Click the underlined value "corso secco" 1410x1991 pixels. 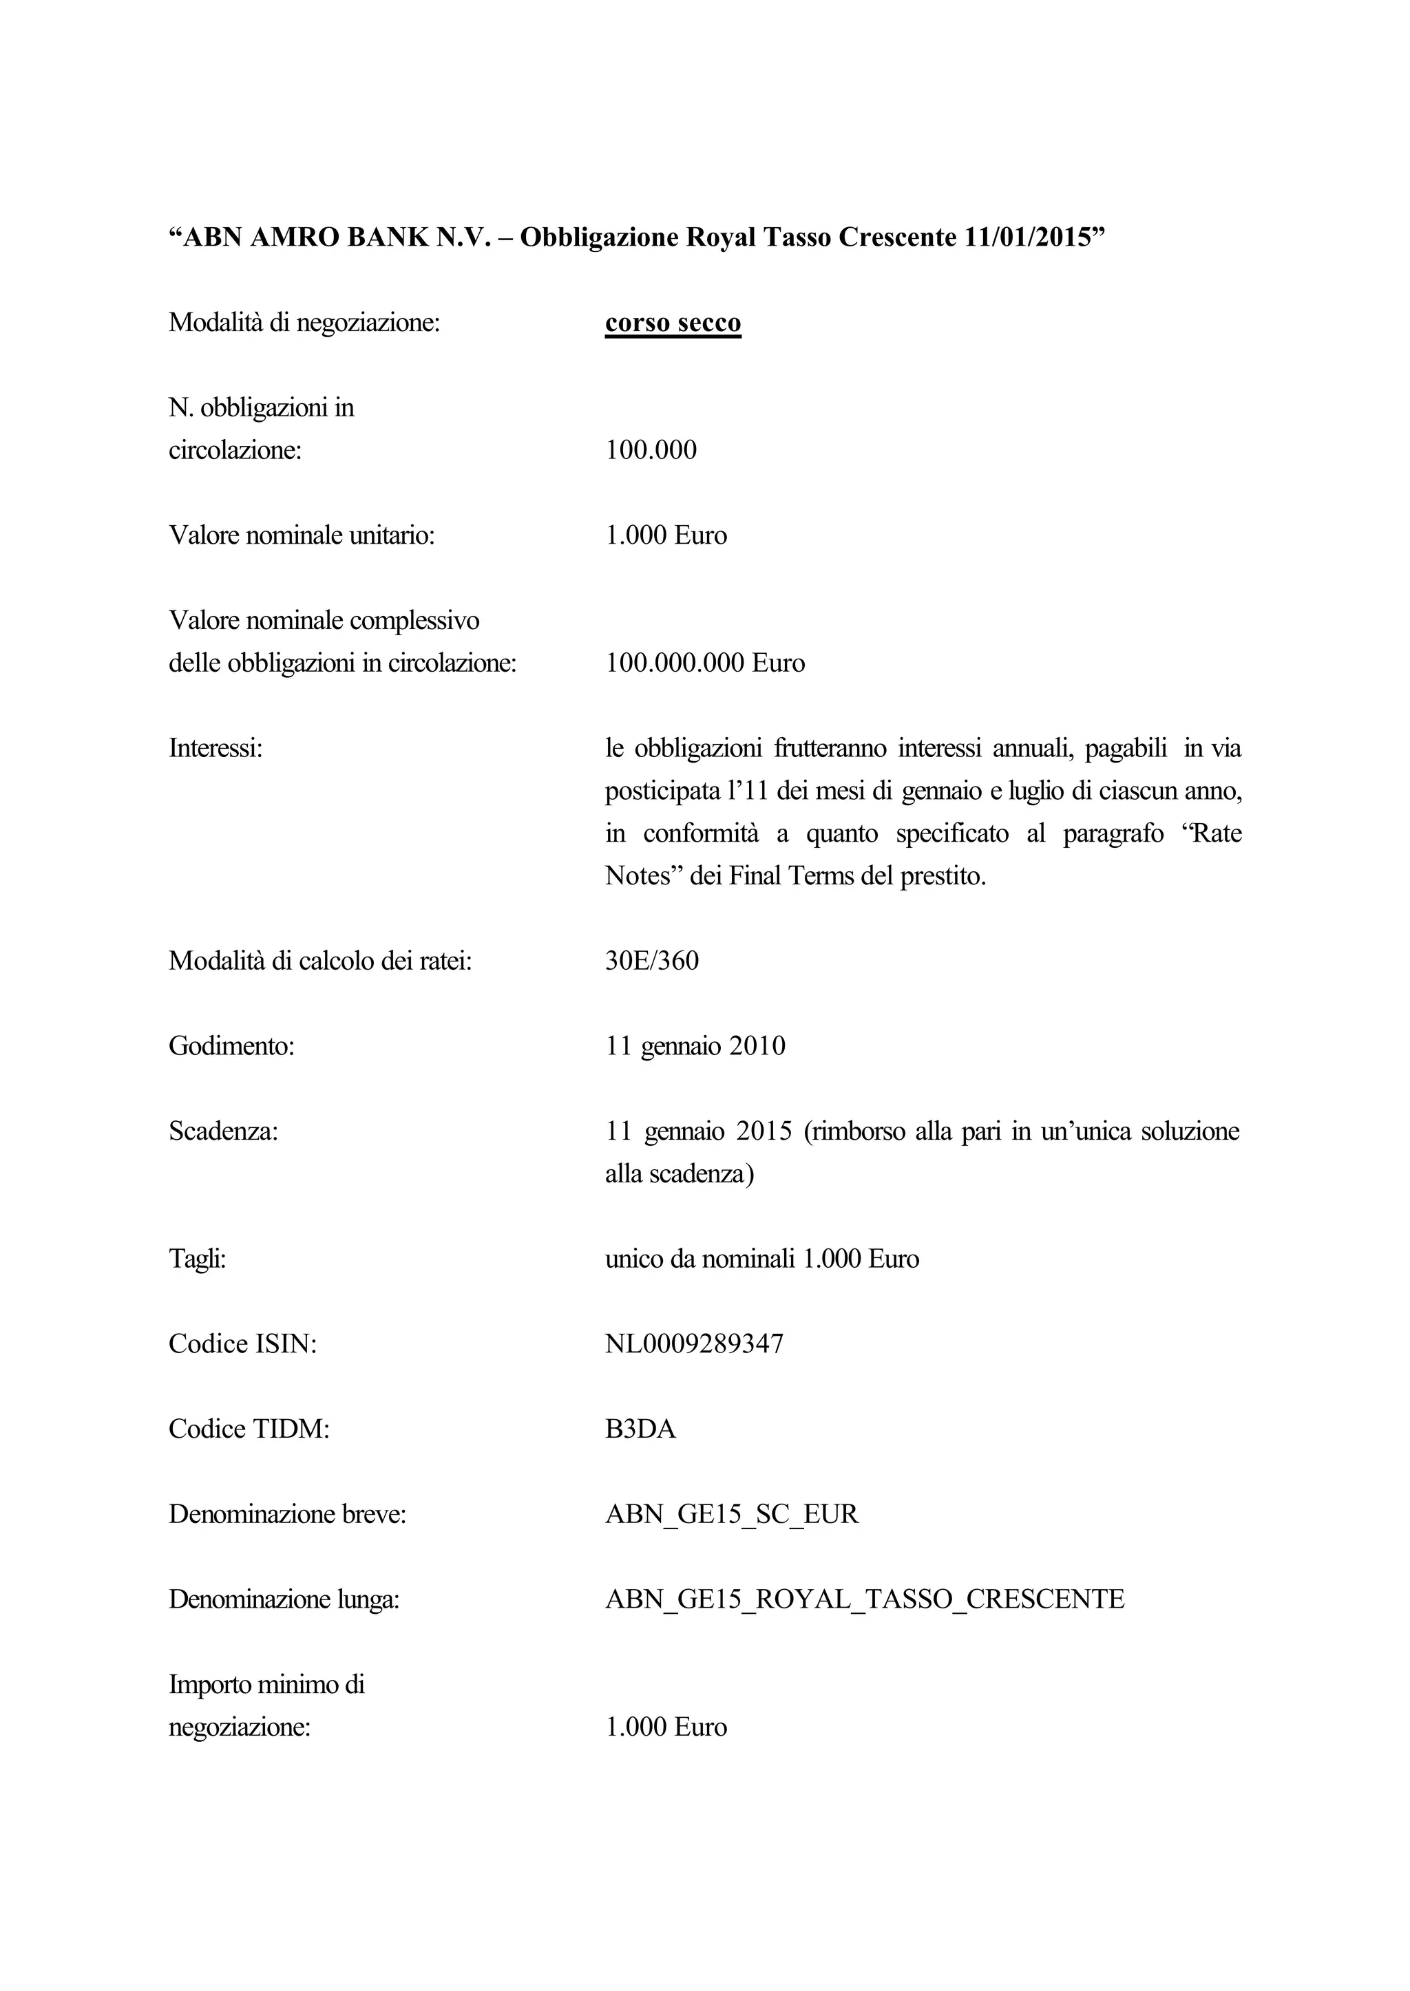click(673, 323)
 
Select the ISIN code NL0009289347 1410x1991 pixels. click(694, 1343)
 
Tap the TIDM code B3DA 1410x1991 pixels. click(640, 1429)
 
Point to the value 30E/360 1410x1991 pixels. click(652, 961)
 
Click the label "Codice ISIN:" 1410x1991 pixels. click(242, 1343)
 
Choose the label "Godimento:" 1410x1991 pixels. click(232, 1046)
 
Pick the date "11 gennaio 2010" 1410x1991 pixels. click(695, 1046)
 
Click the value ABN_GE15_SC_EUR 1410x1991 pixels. click(731, 1513)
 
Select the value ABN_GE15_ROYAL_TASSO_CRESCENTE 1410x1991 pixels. click(864, 1599)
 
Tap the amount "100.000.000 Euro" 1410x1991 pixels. click(705, 663)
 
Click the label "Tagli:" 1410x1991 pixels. click(197, 1259)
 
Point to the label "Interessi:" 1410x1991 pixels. click(215, 748)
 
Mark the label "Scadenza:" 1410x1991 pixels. click(223, 1131)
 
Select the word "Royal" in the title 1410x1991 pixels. click(722, 237)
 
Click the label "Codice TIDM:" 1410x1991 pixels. click(249, 1429)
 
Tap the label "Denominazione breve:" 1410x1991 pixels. click(287, 1513)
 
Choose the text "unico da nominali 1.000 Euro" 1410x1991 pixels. click(761, 1259)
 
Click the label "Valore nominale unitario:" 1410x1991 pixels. click(302, 535)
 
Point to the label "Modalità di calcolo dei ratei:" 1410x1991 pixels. click(319, 961)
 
